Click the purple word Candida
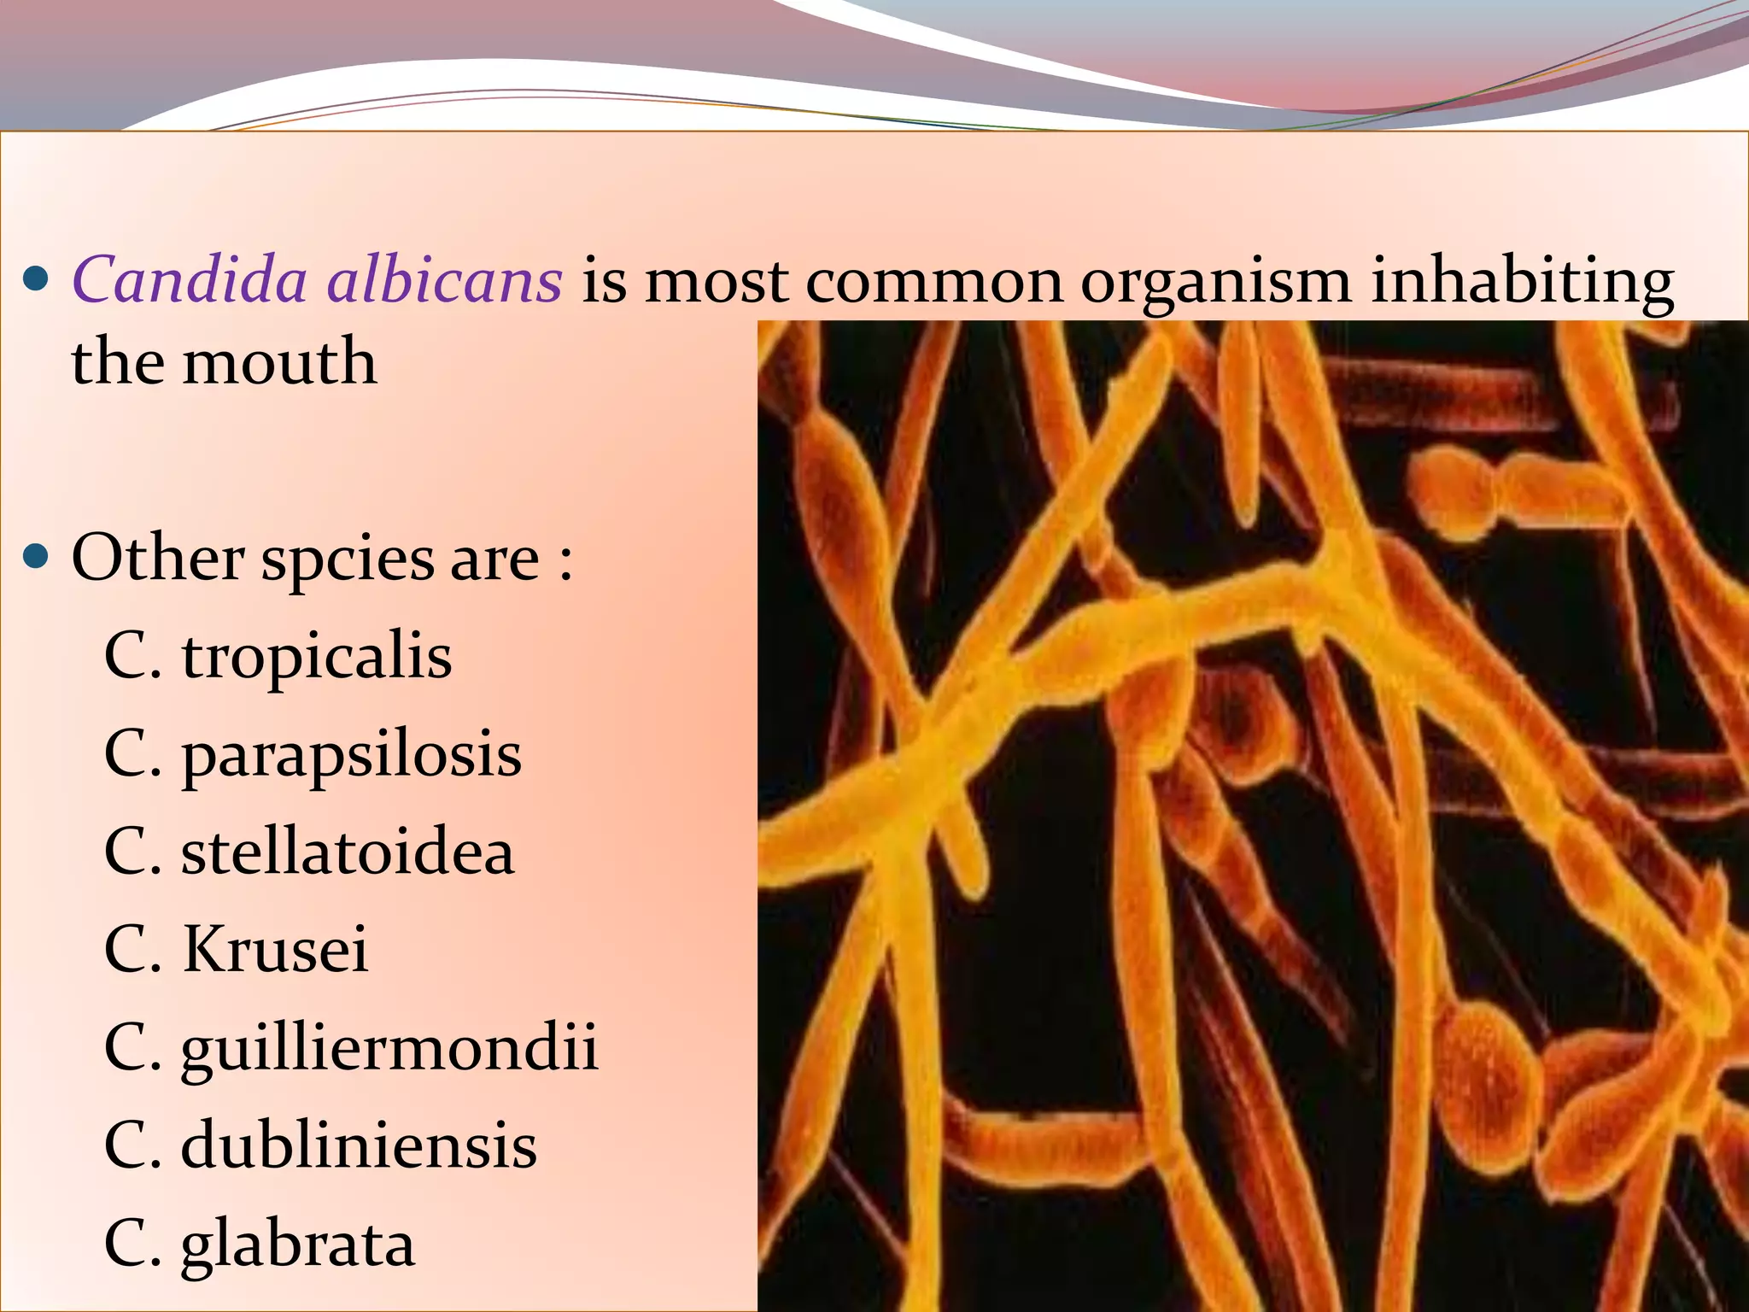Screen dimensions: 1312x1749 click(189, 280)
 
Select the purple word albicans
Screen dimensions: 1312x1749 click(445, 280)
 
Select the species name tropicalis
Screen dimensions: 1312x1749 click(316, 659)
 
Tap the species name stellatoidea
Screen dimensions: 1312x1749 click(348, 852)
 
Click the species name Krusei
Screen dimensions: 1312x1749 click(275, 950)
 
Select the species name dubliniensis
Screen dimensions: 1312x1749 click(359, 1145)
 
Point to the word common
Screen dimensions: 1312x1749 click(934, 282)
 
